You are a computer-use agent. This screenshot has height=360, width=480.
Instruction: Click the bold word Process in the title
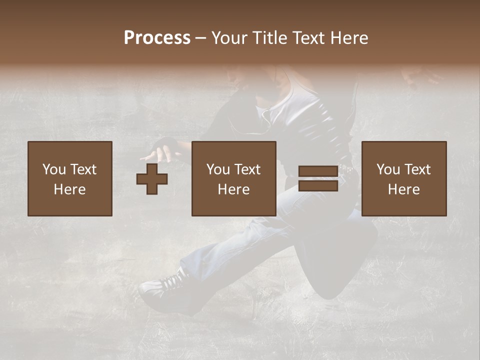click(157, 38)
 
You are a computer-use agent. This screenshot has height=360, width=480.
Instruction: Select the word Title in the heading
click(269, 38)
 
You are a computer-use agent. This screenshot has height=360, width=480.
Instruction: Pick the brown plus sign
click(152, 179)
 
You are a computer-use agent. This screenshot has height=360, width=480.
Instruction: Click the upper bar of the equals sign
click(318, 171)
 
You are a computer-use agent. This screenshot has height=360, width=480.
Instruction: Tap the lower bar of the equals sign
click(318, 185)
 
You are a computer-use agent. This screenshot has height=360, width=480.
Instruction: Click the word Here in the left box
click(70, 189)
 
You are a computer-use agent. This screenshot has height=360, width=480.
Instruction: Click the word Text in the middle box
click(246, 169)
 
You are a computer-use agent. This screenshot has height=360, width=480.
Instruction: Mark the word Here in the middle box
click(234, 189)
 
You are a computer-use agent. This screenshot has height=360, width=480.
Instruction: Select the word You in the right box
click(388, 169)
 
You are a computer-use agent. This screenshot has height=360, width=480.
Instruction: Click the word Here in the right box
click(404, 189)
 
